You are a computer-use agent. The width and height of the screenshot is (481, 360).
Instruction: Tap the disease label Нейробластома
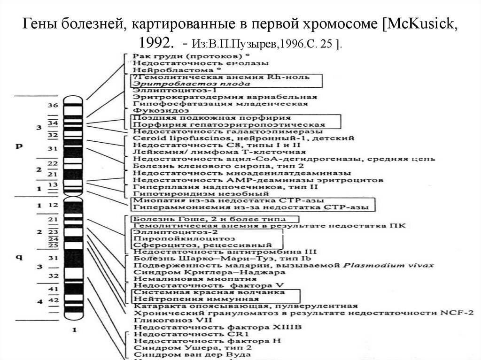[164, 69]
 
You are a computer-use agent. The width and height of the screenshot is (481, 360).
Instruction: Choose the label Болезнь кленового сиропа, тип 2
[212, 166]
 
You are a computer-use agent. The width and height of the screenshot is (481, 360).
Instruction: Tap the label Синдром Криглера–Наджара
[209, 272]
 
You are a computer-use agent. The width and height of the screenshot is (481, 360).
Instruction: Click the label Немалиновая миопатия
[179, 278]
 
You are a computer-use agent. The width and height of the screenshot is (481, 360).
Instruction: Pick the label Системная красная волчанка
[209, 292]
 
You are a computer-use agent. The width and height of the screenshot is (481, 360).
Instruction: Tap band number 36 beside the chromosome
[53, 105]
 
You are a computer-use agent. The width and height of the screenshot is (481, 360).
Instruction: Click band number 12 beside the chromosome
[53, 205]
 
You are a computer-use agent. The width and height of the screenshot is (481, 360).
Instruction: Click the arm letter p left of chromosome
[20, 146]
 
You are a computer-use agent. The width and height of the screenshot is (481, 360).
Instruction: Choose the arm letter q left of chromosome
[20, 256]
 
